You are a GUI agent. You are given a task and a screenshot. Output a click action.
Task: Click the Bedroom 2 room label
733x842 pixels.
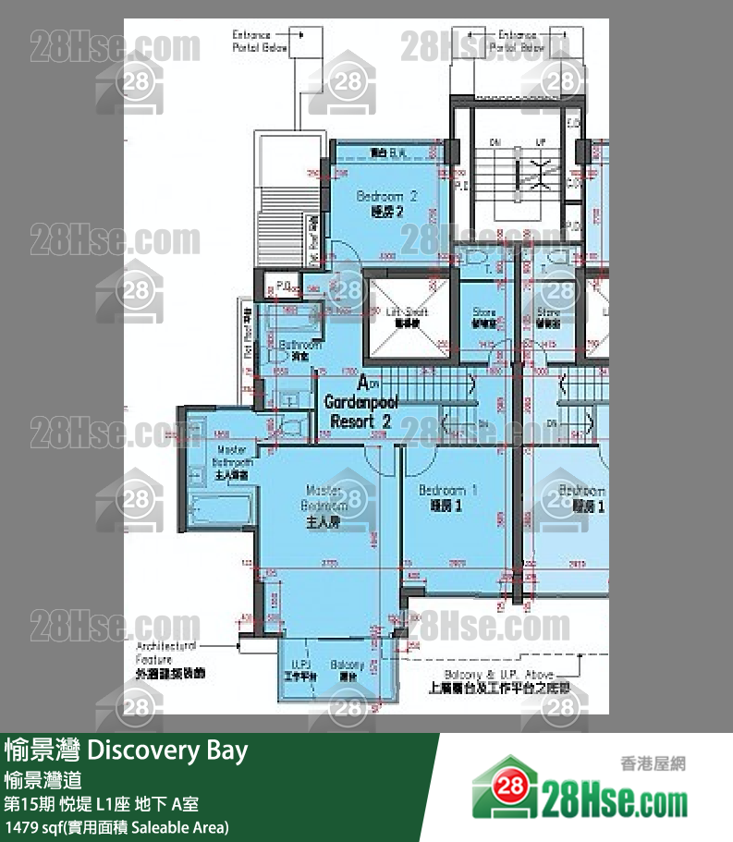click(387, 203)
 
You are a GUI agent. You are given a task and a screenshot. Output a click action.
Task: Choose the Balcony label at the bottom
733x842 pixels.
click(348, 669)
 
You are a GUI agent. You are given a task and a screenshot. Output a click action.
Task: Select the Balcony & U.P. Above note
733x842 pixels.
click(498, 680)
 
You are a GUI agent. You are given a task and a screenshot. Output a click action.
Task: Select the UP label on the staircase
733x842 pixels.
click(541, 143)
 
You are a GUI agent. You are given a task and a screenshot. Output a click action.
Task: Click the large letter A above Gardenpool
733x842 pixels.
click(363, 384)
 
